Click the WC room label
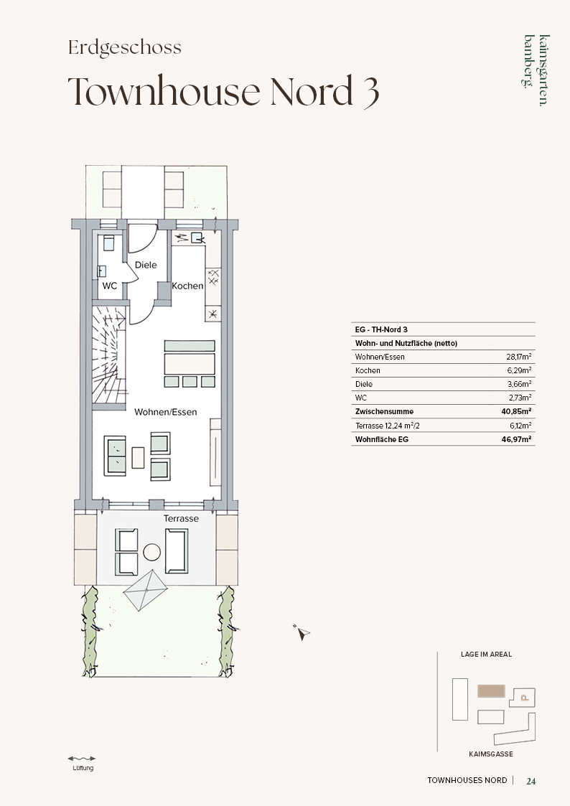(x=109, y=286)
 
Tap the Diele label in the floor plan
(x=146, y=265)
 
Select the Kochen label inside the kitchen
(x=187, y=286)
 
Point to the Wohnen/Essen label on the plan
(x=166, y=412)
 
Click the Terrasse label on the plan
(x=181, y=519)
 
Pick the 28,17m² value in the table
(x=518, y=356)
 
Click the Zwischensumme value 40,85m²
(x=516, y=411)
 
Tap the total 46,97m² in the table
(x=516, y=439)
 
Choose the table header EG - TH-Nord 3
(x=381, y=329)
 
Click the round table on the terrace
(x=151, y=553)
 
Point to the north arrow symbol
(x=303, y=633)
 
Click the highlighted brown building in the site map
(x=491, y=691)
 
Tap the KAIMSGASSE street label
(x=491, y=754)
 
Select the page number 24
(x=531, y=781)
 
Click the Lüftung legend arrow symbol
(x=82, y=758)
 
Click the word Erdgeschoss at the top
(x=125, y=47)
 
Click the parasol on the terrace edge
(x=146, y=589)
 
